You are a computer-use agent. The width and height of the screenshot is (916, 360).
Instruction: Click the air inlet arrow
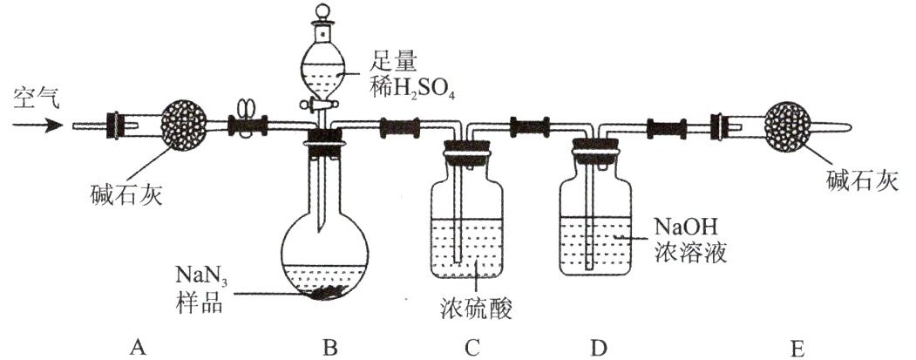pyautogui.click(x=37, y=125)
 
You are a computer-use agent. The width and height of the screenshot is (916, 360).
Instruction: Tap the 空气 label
pyautogui.click(x=37, y=100)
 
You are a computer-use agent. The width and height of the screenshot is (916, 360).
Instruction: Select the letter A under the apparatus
pyautogui.click(x=138, y=348)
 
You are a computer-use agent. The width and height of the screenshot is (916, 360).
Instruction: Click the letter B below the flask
pyautogui.click(x=330, y=348)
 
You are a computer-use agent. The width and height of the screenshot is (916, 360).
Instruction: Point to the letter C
pyautogui.click(x=472, y=348)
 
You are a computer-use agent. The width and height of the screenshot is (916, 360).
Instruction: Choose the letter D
pyautogui.click(x=598, y=348)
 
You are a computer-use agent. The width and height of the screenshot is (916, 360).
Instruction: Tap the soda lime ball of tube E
pyautogui.click(x=788, y=126)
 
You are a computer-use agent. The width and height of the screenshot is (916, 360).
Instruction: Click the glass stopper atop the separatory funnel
pyautogui.click(x=322, y=18)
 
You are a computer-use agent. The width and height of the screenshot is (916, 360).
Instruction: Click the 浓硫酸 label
pyautogui.click(x=476, y=308)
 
